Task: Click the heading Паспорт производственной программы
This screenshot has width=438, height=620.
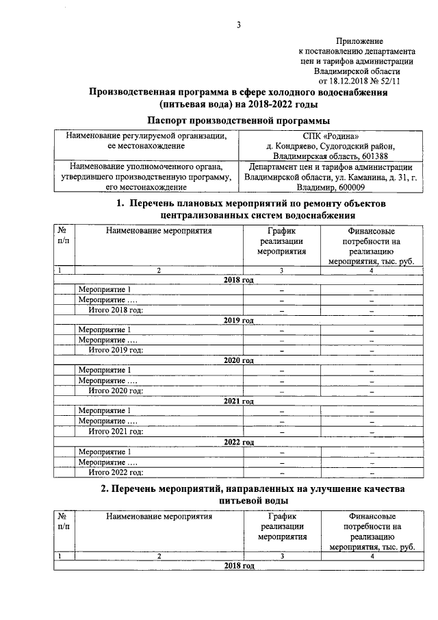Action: [239, 121]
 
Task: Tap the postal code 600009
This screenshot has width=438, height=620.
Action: [350, 187]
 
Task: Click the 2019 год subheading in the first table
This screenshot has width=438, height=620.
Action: [239, 321]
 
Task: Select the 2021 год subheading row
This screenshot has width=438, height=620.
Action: [239, 401]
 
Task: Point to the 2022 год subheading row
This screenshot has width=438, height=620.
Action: [239, 442]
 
